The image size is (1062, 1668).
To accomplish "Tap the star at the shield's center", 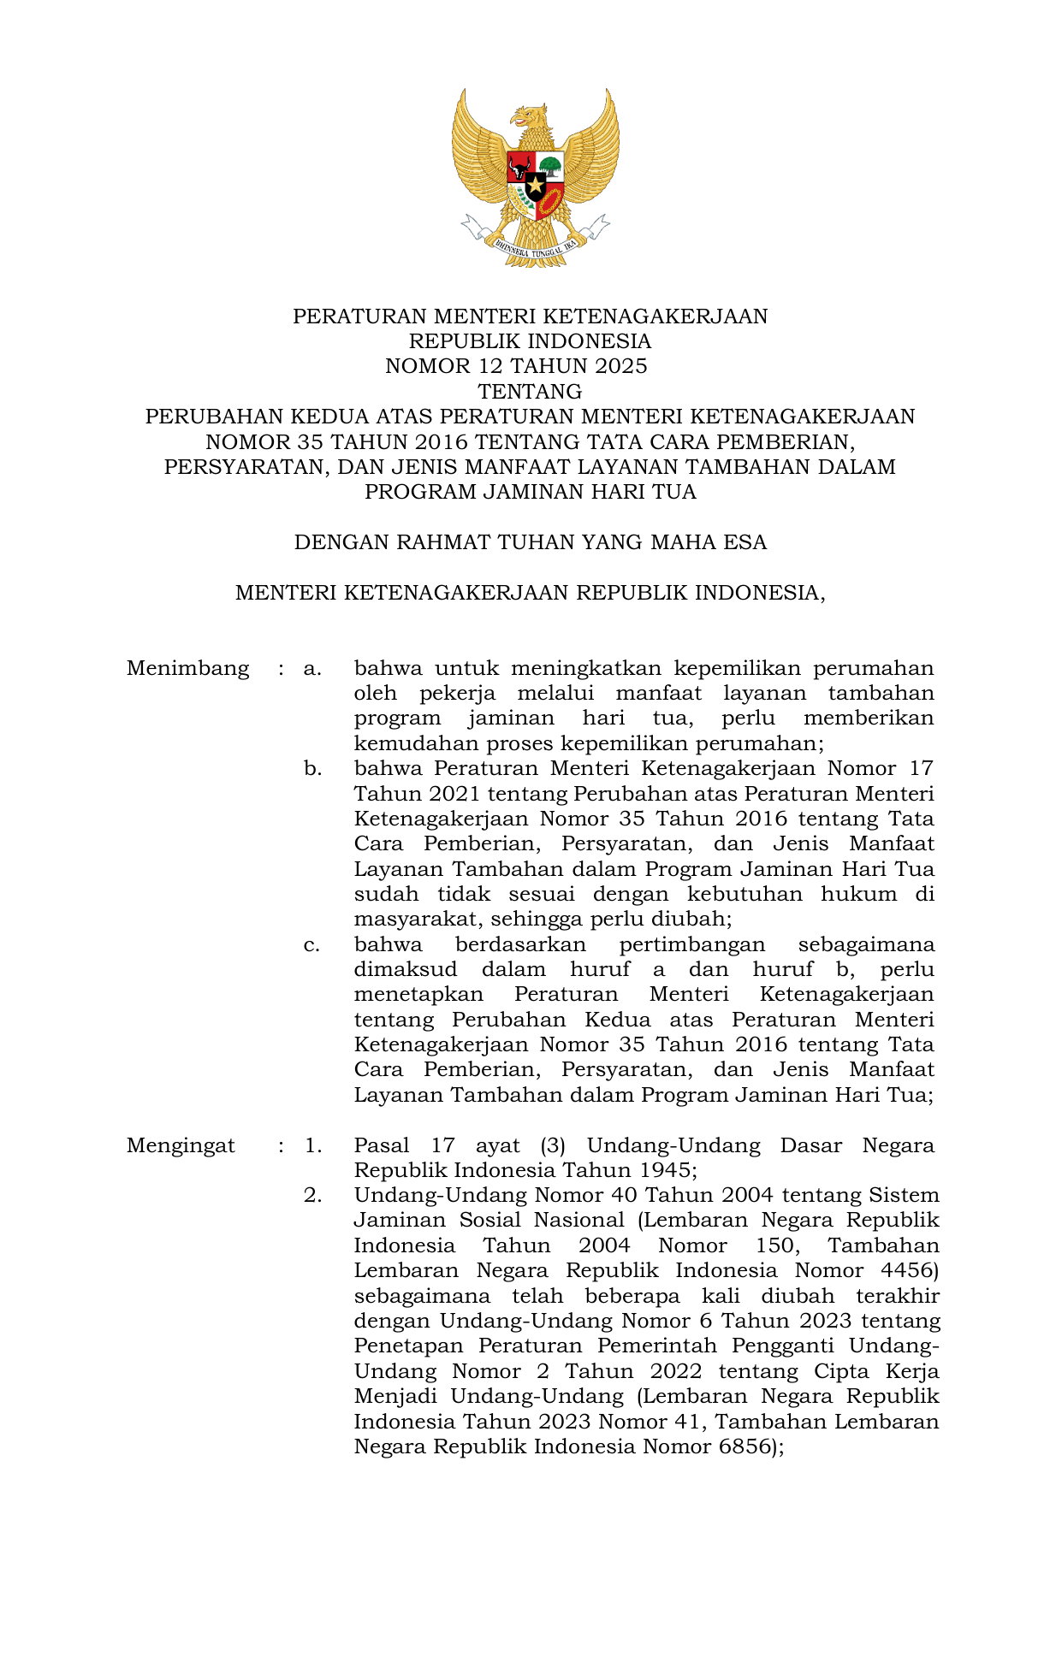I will click(x=535, y=184).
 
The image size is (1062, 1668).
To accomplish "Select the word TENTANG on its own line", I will click(x=530, y=392).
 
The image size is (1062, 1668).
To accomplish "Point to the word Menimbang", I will click(x=187, y=668).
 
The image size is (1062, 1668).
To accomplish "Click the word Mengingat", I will click(x=181, y=1145).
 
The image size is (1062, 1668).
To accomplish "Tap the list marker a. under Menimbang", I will click(x=312, y=668).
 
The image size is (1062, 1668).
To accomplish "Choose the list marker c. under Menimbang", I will click(x=311, y=945).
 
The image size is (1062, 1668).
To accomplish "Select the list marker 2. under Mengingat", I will click(x=312, y=1195).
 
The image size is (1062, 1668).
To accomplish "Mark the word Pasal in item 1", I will click(x=382, y=1145).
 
